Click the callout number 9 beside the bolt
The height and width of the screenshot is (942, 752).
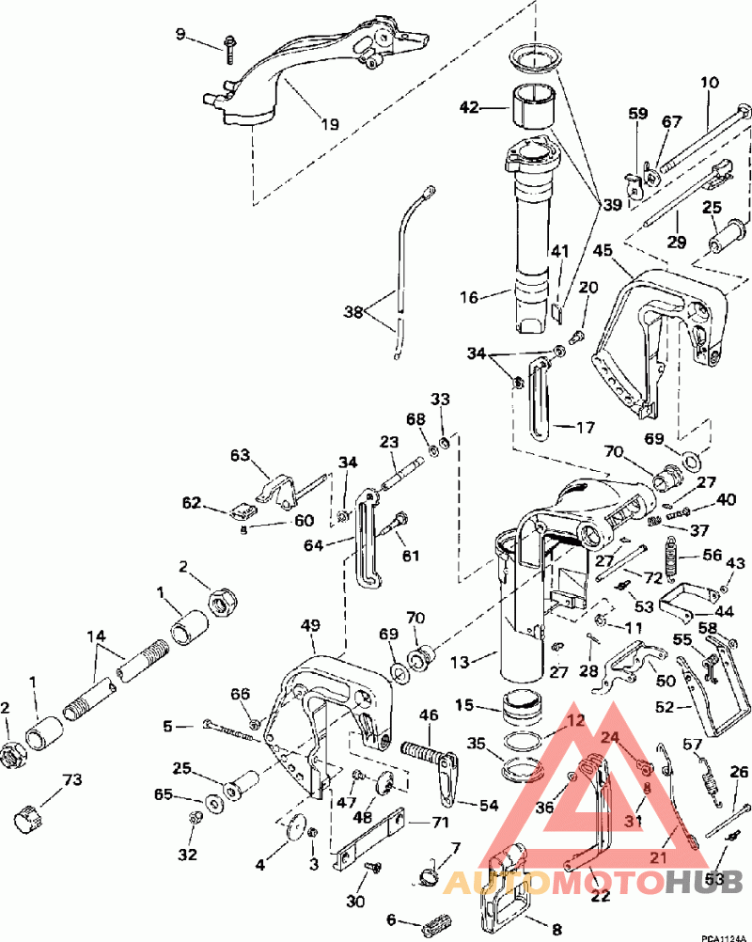[180, 36]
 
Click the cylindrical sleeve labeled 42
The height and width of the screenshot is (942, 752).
[532, 108]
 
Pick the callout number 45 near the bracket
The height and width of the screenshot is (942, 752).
[603, 250]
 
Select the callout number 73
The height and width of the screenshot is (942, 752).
[71, 780]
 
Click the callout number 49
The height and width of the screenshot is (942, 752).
[309, 625]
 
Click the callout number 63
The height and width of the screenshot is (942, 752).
[241, 455]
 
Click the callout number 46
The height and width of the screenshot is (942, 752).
[428, 716]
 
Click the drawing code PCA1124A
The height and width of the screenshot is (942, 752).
[720, 935]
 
